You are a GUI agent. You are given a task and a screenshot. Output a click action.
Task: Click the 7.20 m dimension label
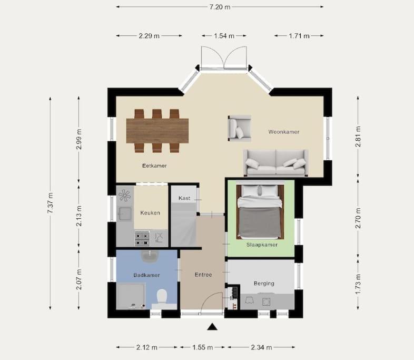(220, 7)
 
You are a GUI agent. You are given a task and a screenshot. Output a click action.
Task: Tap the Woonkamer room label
(284, 132)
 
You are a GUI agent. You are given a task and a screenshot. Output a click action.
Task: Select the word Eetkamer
(154, 166)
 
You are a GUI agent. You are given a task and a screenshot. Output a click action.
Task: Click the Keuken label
(150, 213)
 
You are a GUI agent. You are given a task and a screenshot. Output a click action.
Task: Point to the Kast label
(184, 198)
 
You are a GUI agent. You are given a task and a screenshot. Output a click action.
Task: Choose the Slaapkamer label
(262, 245)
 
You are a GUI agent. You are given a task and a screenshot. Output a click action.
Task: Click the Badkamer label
(146, 275)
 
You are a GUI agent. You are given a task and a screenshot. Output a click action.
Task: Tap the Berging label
(264, 284)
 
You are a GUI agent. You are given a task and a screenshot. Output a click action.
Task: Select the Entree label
(203, 275)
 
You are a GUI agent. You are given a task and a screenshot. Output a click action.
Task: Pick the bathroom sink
(150, 256)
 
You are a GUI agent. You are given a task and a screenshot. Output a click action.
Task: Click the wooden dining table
(157, 131)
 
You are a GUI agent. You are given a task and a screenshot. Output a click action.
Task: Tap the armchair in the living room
(240, 128)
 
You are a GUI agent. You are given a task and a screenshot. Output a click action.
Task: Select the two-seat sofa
(276, 163)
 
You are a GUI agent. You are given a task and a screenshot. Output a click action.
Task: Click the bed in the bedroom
(260, 212)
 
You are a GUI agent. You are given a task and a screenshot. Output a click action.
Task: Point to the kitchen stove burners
(142, 239)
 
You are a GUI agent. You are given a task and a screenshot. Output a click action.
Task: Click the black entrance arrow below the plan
(212, 327)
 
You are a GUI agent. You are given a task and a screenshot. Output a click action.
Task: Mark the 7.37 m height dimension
(51, 203)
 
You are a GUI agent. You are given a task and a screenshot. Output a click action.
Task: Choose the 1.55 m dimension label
(202, 347)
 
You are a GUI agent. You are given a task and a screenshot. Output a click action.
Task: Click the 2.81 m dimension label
(358, 137)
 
